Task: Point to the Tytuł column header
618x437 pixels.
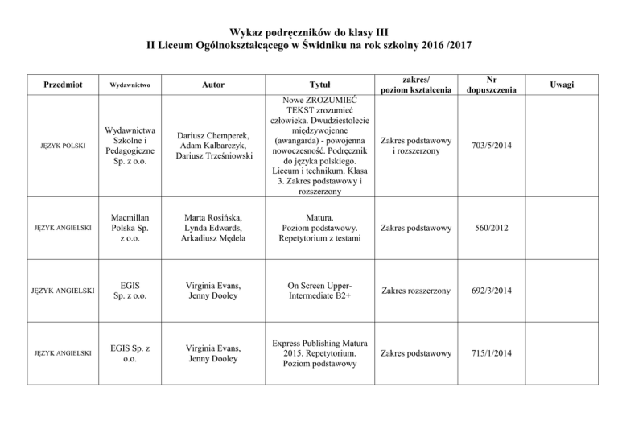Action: [x=315, y=85]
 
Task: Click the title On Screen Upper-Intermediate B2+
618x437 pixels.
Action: [x=315, y=290]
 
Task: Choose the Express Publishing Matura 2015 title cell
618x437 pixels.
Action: [x=315, y=352]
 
